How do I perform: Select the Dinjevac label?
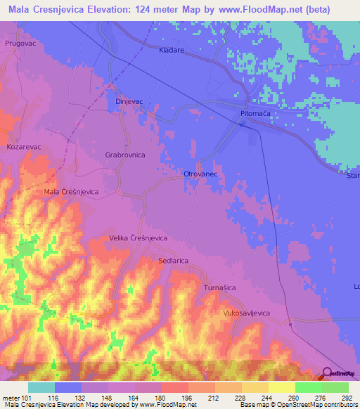coord(129,101)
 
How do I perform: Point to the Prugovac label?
coord(19,44)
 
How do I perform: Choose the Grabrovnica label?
coord(124,153)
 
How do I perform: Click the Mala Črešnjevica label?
coord(70,191)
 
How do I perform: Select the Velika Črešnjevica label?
coord(138,238)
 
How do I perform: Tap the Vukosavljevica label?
coord(246,313)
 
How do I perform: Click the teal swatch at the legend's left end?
coord(41,387)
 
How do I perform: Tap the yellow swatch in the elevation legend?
coord(281,387)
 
